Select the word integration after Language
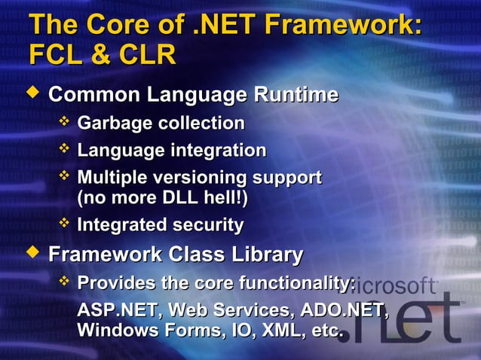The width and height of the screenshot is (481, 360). point(219,151)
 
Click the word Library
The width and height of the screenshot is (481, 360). point(264,255)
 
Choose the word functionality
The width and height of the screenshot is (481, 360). point(297,283)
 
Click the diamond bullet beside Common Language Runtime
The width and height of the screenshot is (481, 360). point(31,93)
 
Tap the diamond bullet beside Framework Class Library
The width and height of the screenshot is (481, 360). point(31,252)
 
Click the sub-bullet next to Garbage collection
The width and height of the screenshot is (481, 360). point(64,121)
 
